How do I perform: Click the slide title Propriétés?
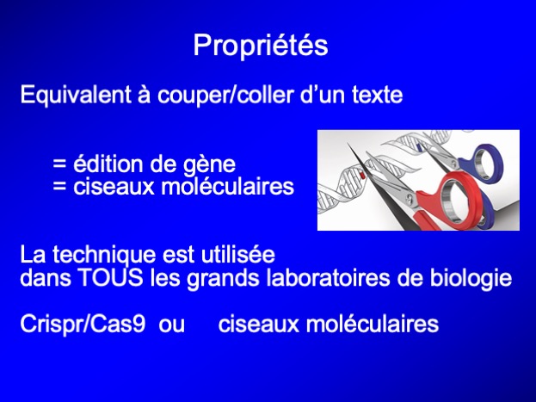tap(261, 46)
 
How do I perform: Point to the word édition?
tap(108, 164)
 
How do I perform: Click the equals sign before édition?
tap(59, 165)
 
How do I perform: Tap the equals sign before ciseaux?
tap(59, 188)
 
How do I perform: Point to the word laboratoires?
tap(328, 277)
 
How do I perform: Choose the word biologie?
tap(471, 278)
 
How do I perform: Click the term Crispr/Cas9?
tap(83, 324)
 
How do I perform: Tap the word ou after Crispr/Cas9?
tap(171, 325)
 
